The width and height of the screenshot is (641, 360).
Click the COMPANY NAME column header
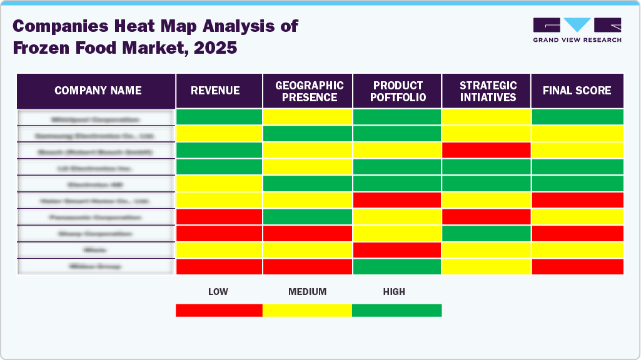tap(98, 91)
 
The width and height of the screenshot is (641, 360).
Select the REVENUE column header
tap(219, 91)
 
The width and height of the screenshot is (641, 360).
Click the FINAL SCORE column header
tap(577, 91)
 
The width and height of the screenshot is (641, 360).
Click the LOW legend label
tap(218, 292)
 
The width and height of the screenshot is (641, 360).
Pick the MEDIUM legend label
tap(307, 292)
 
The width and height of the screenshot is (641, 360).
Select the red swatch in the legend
tap(219, 310)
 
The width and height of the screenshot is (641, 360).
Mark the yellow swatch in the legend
tap(307, 310)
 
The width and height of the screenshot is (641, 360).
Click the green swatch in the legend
tap(396, 310)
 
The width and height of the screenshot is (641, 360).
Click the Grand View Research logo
tap(577, 29)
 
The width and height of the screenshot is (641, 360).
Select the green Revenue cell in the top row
tap(219, 117)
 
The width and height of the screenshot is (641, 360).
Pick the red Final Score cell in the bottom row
tap(577, 267)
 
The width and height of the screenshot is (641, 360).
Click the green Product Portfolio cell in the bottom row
tap(397, 267)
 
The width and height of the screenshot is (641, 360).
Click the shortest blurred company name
tap(96, 250)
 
